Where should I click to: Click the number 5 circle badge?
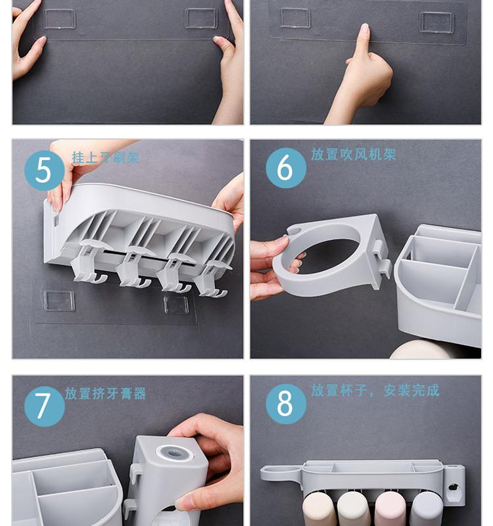click(x=44, y=170)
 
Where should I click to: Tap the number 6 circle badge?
click(x=286, y=168)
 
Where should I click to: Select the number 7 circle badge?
click(x=44, y=406)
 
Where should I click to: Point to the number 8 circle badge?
click(x=286, y=404)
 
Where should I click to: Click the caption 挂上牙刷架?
click(x=105, y=157)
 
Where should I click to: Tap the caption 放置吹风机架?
click(x=354, y=155)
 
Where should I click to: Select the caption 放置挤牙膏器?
click(x=105, y=393)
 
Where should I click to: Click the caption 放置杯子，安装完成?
click(x=375, y=390)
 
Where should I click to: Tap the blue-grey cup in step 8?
click(x=426, y=509)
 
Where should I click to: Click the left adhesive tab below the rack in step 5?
click(x=59, y=300)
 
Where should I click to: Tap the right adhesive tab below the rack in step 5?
click(x=176, y=304)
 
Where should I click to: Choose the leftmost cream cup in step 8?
click(x=317, y=508)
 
